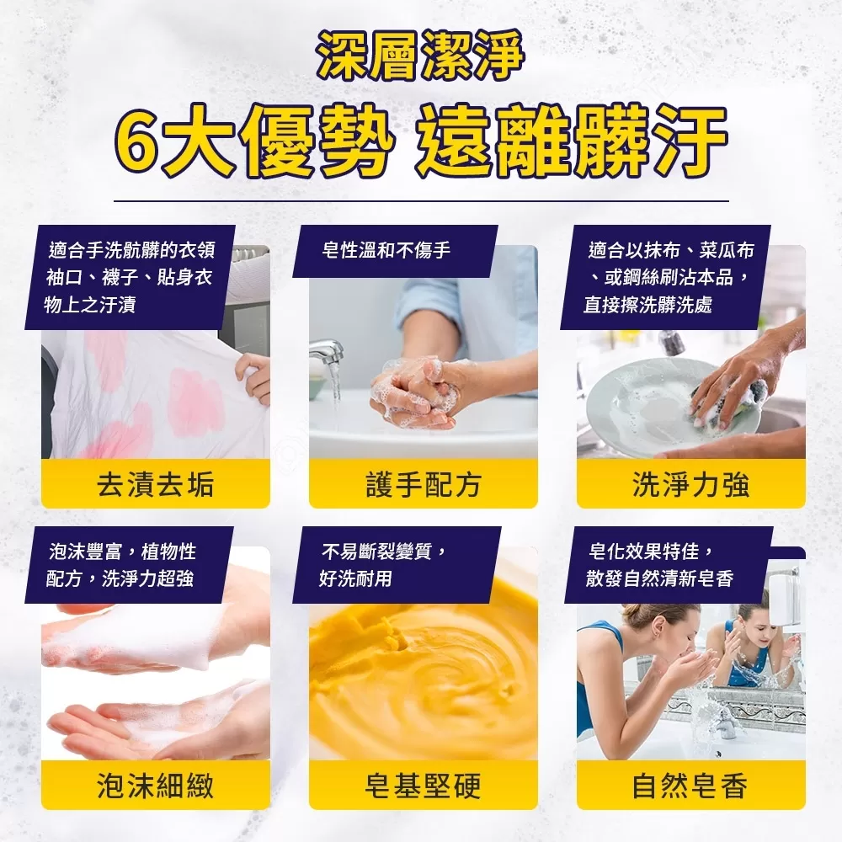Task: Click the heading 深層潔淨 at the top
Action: tap(420, 58)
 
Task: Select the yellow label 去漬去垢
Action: tap(155, 484)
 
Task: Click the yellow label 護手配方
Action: tap(423, 484)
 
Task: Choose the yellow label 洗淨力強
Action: tap(690, 484)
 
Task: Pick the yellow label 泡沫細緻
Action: tap(155, 786)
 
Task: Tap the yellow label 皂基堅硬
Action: tap(423, 786)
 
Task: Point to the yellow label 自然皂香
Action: tap(690, 786)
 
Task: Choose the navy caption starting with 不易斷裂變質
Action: tap(392, 565)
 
